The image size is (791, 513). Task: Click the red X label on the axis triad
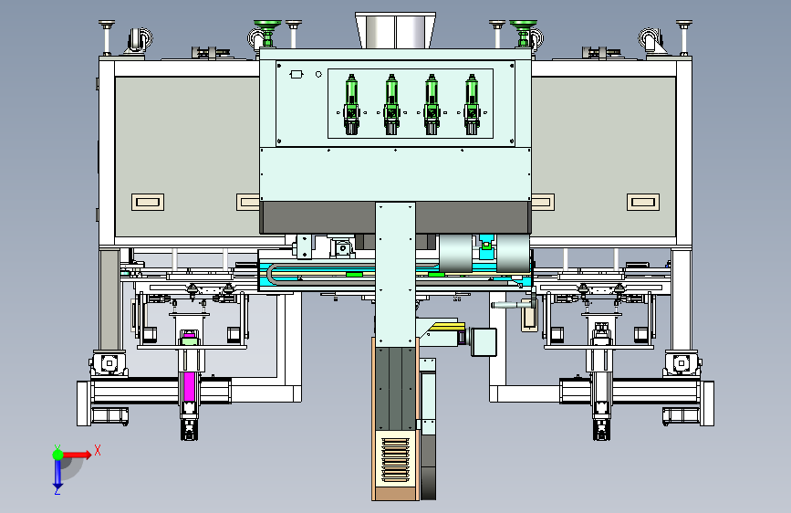point(98,450)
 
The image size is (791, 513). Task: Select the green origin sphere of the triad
point(58,455)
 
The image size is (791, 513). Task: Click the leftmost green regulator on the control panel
point(351,105)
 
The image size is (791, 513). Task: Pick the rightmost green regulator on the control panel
point(472,105)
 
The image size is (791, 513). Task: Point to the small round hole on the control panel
point(318,74)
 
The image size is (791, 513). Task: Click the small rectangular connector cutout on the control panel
point(297,75)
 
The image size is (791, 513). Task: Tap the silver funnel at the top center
point(395,31)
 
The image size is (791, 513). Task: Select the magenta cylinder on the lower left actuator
point(189,386)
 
